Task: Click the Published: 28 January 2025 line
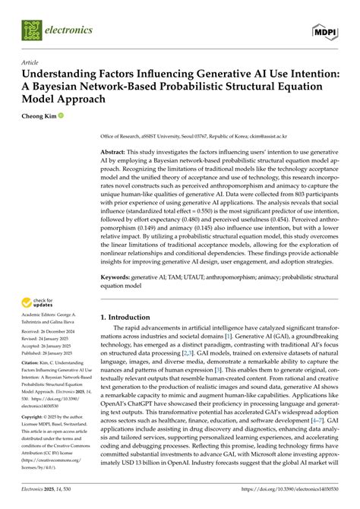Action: point(52,353)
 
